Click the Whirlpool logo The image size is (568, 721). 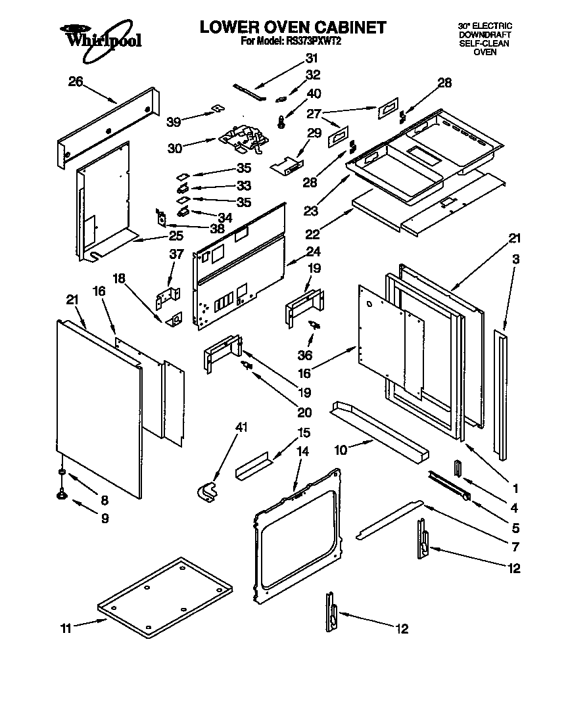pyautogui.click(x=100, y=38)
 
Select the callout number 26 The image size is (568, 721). pyautogui.click(x=76, y=81)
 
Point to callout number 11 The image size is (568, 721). pyautogui.click(x=66, y=628)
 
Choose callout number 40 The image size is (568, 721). pyautogui.click(x=314, y=93)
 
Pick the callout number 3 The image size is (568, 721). pyautogui.click(x=516, y=260)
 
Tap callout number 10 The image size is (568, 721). pyautogui.click(x=341, y=450)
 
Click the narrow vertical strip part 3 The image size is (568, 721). pyautogui.click(x=503, y=394)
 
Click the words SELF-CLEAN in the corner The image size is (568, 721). pyautogui.click(x=485, y=43)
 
